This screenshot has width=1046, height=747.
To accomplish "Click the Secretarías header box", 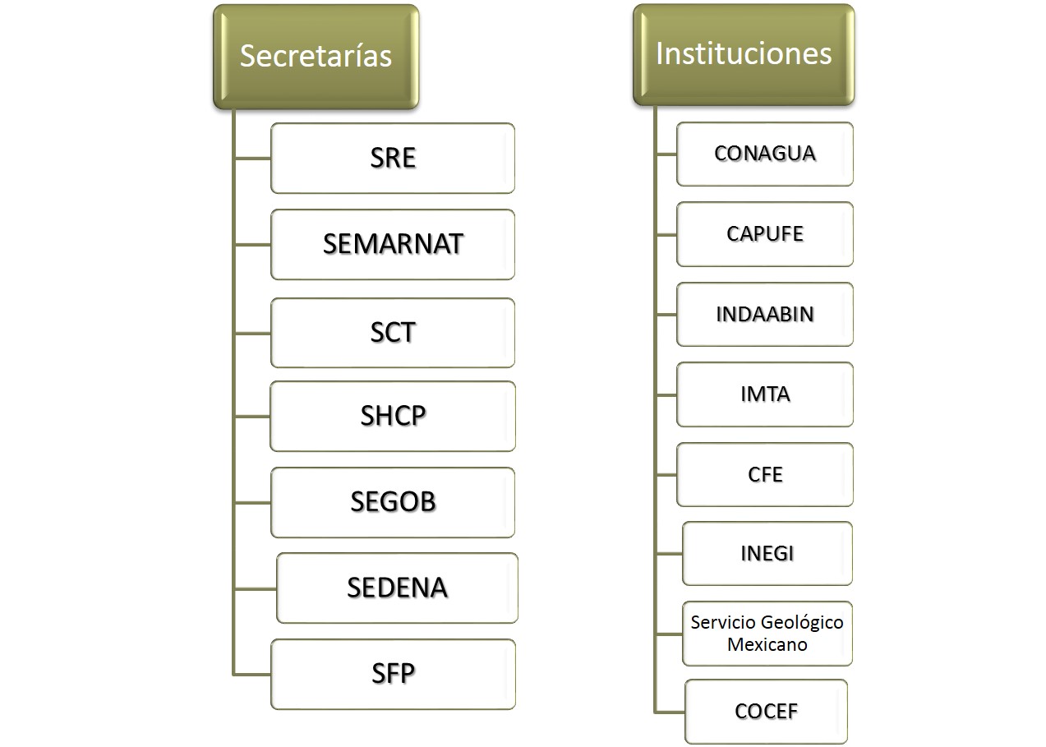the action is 316,57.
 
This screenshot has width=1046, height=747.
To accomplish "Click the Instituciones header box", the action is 744,55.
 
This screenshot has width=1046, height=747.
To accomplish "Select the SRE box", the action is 393,158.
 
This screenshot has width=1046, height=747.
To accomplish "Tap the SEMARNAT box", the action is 393,244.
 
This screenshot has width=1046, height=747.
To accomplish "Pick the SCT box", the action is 393,333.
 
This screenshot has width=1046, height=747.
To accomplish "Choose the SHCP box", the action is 393,417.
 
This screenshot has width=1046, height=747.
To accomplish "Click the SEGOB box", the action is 393,502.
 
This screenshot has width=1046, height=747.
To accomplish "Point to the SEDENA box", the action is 398,588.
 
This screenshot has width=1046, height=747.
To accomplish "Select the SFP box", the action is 394,674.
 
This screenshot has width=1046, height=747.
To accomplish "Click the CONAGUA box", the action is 765,154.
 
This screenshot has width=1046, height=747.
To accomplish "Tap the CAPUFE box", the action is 765,234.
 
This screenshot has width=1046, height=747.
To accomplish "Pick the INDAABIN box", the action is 765,315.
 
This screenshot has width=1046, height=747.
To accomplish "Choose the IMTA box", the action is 765,394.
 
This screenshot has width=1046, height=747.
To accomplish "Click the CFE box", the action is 765,475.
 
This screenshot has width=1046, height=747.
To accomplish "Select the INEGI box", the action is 767,554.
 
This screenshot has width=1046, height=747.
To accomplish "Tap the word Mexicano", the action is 767,645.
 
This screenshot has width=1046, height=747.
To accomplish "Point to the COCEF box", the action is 767,712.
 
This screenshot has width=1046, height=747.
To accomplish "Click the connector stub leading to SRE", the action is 252,159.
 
